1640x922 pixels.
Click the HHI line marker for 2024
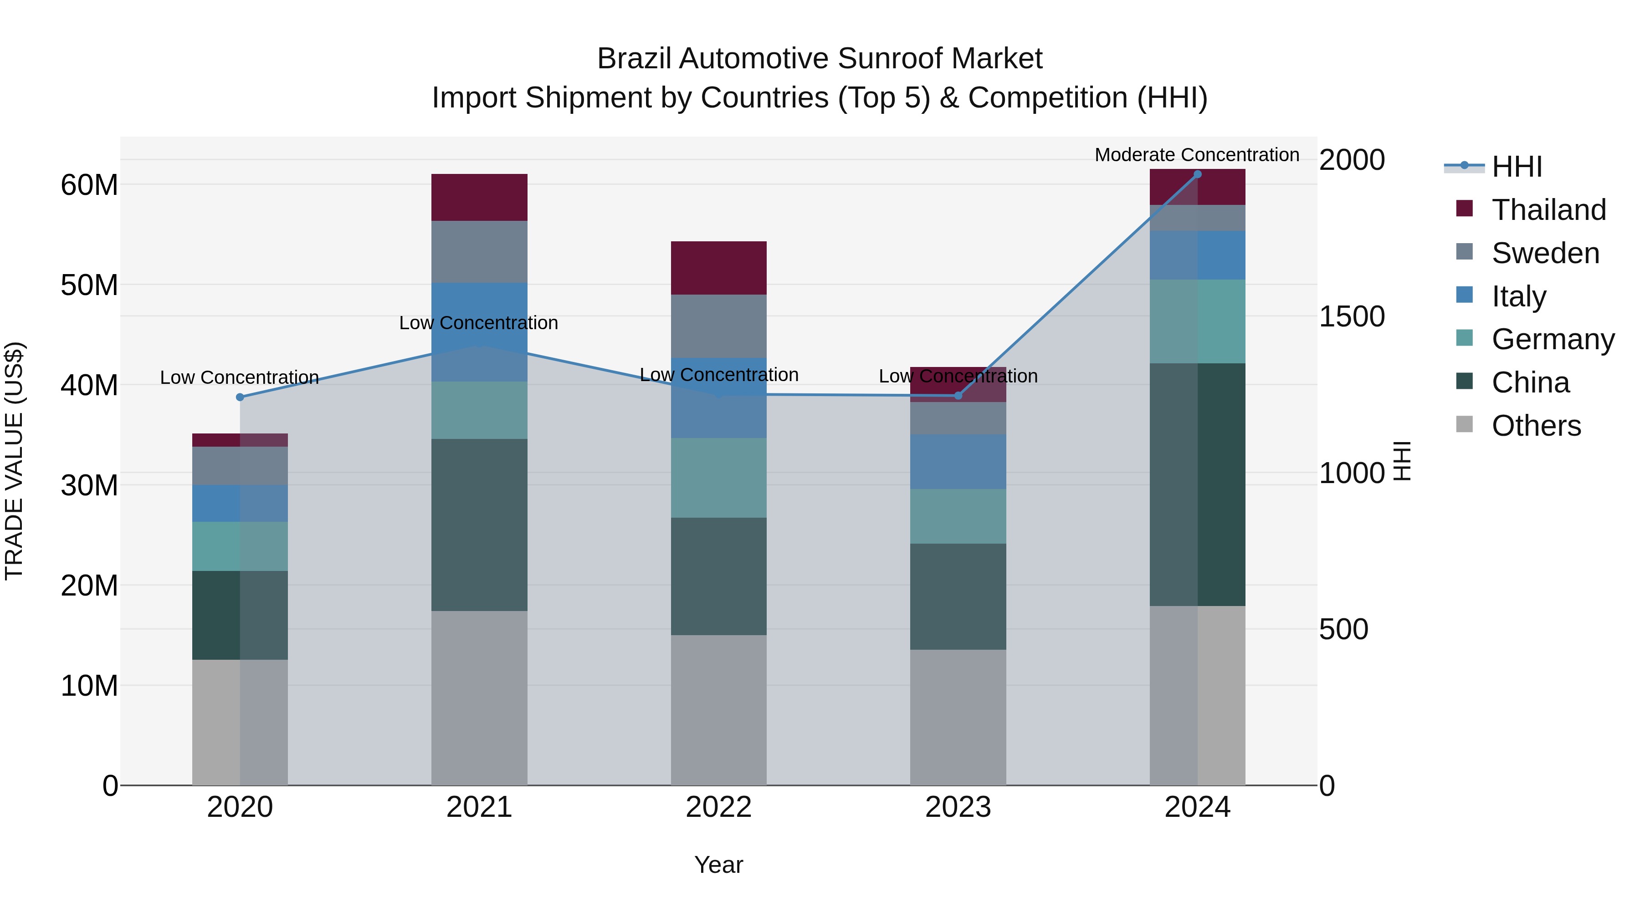pyautogui.click(x=1197, y=174)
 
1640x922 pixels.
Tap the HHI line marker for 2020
pyautogui.click(x=240, y=397)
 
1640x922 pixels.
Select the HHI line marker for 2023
pyautogui.click(x=958, y=396)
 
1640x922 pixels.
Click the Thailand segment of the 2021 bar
pyautogui.click(x=479, y=197)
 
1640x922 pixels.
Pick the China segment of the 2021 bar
pyautogui.click(x=479, y=525)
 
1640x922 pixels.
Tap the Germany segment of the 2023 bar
pyautogui.click(x=958, y=516)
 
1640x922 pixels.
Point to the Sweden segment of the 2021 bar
pyautogui.click(x=479, y=251)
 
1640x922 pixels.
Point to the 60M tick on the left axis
pyautogui.click(x=89, y=185)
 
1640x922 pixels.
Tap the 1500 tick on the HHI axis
pyautogui.click(x=1351, y=316)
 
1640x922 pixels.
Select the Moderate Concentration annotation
pyautogui.click(x=1196, y=155)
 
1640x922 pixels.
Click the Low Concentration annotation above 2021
pyautogui.click(x=478, y=323)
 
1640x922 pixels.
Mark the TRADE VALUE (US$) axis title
pyautogui.click(x=14, y=461)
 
